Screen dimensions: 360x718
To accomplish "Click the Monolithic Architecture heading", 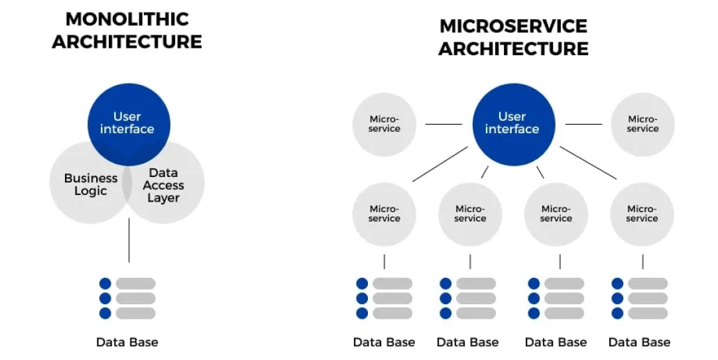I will (127, 30).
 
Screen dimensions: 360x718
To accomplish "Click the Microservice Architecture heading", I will (513, 37).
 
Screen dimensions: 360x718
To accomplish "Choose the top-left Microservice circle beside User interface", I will (385, 124).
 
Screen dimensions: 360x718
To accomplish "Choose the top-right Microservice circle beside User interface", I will (642, 124).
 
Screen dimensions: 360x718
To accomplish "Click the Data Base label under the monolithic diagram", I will (127, 342).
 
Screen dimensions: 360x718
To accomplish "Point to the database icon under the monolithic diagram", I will (127, 298).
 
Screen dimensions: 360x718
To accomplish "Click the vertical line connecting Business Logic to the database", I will (129, 240).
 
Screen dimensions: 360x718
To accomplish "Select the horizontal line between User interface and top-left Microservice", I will (444, 124).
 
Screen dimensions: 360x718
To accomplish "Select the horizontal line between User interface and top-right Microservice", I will (583, 124).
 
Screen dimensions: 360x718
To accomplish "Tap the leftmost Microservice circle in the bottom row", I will (385, 213).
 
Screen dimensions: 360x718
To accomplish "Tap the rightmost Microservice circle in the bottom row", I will (642, 213).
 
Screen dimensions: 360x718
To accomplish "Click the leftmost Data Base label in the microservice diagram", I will (384, 342).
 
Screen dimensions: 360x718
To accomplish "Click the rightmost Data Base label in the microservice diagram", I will (639, 342).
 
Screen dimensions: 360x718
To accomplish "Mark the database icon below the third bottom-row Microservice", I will (556, 298).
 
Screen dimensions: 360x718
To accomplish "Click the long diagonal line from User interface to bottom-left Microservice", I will (440, 164).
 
